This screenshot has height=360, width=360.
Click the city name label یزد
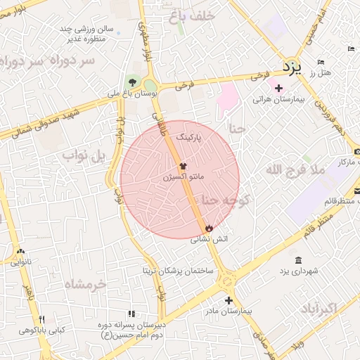[x=290, y=67]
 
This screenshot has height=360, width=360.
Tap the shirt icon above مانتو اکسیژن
[x=183, y=167]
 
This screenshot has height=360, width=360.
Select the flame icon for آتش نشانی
[x=209, y=229]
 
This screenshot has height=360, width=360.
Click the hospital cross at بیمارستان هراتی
[x=278, y=88]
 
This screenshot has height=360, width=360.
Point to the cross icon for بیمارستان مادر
[x=228, y=300]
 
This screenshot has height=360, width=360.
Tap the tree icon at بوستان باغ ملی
[x=132, y=82]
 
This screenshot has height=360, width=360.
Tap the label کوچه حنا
[x=226, y=200]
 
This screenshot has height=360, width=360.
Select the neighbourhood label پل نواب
[x=83, y=154]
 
